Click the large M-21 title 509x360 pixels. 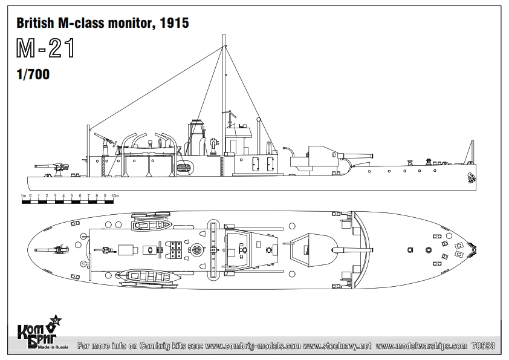pyautogui.click(x=46, y=48)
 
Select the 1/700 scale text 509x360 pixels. pyautogui.click(x=33, y=74)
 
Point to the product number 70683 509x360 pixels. pyautogui.click(x=483, y=346)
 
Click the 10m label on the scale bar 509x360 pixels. pyautogui.click(x=115, y=196)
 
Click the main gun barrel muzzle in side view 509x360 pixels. pyautogui.click(x=371, y=156)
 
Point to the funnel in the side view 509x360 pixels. pyautogui.click(x=196, y=137)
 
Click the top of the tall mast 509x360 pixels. pyautogui.click(x=224, y=35)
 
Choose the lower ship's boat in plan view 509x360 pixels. pyautogui.click(x=148, y=277)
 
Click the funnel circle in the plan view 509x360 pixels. pyautogui.click(x=196, y=250)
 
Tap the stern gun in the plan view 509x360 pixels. pyautogui.click(x=52, y=250)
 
